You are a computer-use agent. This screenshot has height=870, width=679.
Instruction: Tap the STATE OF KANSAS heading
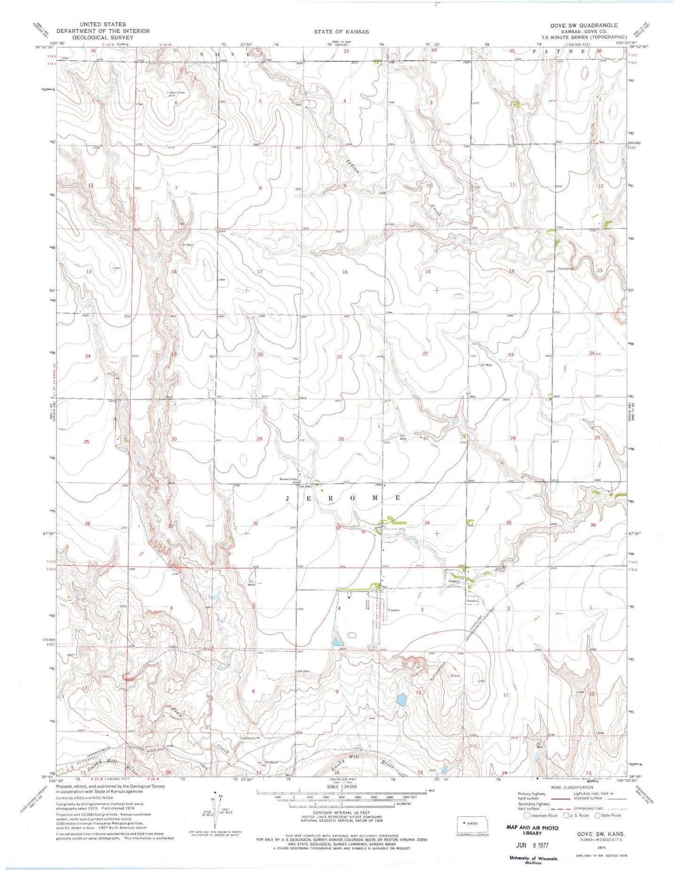click(x=342, y=31)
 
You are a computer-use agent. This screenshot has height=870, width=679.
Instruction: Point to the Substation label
click(x=566, y=269)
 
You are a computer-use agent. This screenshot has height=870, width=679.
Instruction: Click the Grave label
click(x=455, y=675)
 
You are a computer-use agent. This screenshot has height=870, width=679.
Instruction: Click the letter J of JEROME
click(x=289, y=498)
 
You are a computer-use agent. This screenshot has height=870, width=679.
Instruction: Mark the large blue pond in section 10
click(x=401, y=700)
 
